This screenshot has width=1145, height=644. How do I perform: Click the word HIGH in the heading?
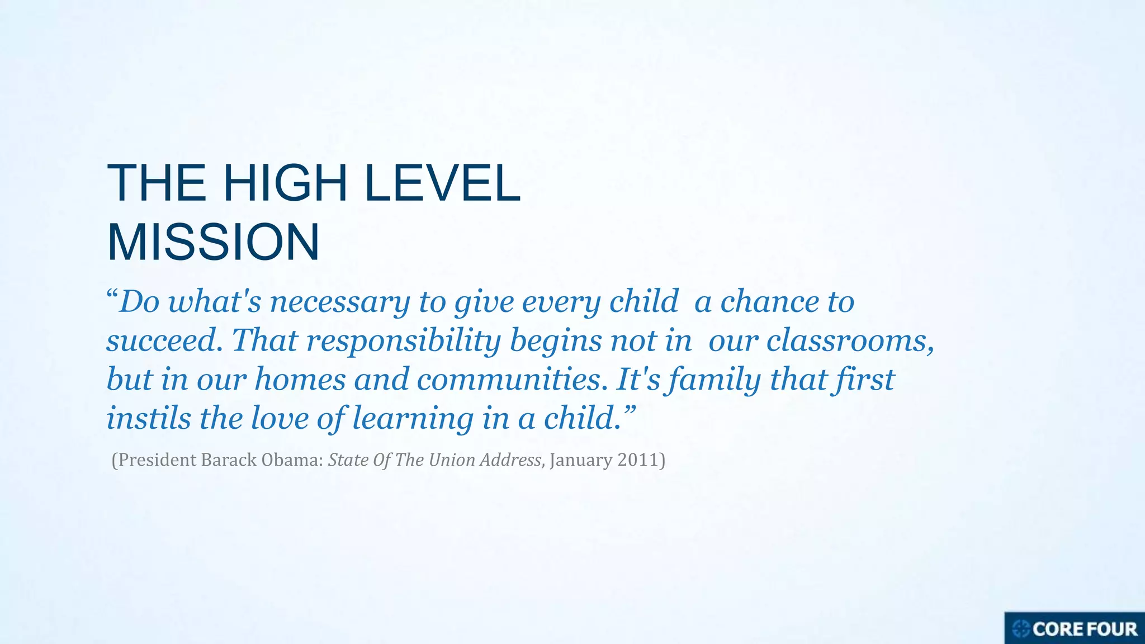(285, 183)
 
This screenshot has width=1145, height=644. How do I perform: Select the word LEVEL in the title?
(442, 183)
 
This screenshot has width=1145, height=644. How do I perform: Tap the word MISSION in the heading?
(213, 242)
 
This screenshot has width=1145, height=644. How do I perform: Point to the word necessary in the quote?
(340, 302)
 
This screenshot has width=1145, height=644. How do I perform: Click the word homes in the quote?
(300, 379)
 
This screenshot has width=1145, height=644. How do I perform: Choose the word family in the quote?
(715, 380)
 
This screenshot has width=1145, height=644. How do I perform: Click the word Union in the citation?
(451, 460)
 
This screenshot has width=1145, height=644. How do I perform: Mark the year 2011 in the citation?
(639, 460)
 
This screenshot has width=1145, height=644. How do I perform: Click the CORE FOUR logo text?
(1085, 629)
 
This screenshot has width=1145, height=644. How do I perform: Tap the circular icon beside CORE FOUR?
(1021, 629)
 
